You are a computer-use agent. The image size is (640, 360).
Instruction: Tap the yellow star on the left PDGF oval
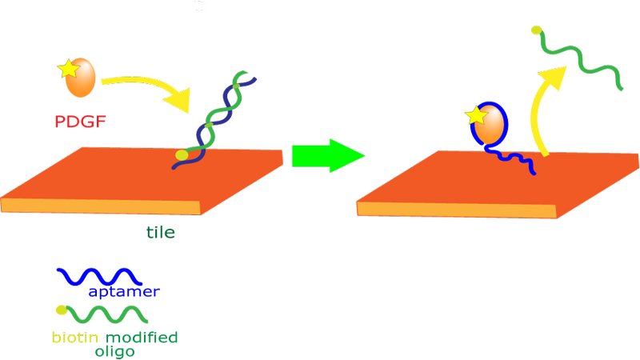pyautogui.click(x=70, y=70)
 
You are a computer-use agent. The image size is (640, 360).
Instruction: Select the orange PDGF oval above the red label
pyautogui.click(x=84, y=77)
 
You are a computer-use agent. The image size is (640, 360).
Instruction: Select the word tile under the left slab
pyautogui.click(x=160, y=234)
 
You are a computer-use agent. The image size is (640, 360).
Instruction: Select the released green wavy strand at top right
pyautogui.click(x=584, y=60)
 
